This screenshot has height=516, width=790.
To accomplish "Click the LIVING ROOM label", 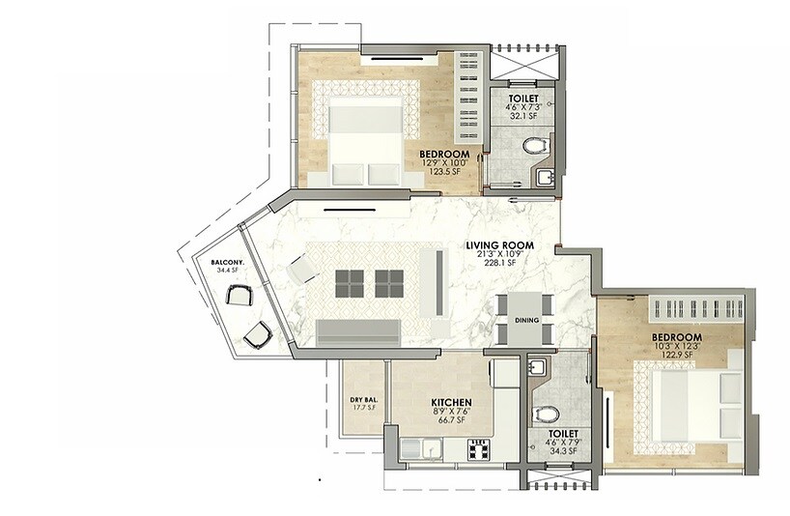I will pyautogui.click(x=499, y=245).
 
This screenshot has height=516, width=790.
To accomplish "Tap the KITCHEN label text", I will pyautogui.click(x=450, y=402).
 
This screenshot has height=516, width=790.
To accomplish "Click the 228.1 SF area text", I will pyautogui.click(x=499, y=263).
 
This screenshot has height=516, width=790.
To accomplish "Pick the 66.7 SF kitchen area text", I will pyautogui.click(x=450, y=421).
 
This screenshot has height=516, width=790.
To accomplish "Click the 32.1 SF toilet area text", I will pyautogui.click(x=526, y=116).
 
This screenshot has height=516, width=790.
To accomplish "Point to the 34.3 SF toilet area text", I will pyautogui.click(x=560, y=451).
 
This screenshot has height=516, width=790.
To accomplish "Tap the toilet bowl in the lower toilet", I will pyautogui.click(x=547, y=415).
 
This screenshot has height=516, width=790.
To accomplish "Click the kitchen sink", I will pyautogui.click(x=419, y=448).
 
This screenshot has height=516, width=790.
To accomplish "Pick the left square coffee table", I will pyautogui.click(x=350, y=282).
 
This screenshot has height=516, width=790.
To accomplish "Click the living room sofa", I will pyautogui.click(x=358, y=331).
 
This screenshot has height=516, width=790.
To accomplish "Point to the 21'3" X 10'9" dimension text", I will pyautogui.click(x=499, y=254).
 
